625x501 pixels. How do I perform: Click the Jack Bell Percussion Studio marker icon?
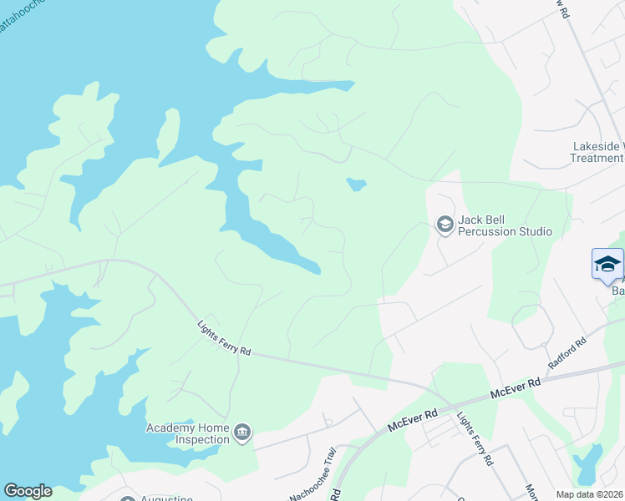click(445, 224)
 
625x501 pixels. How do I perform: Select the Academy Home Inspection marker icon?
click(242, 432)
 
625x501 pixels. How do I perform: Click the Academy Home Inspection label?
click(187, 433)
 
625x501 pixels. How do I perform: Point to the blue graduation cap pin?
click(607, 265)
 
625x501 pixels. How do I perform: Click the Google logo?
click(28, 491)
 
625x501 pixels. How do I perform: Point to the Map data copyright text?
click(590, 494)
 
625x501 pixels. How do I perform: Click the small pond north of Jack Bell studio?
click(357, 184)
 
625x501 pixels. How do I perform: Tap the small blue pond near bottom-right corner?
click(588, 463)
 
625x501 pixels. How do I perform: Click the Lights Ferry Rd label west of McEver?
click(224, 340)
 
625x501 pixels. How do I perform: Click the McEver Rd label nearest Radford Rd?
click(516, 384)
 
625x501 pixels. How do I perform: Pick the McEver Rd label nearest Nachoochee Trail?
click(413, 420)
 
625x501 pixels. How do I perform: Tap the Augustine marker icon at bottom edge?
click(128, 498)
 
